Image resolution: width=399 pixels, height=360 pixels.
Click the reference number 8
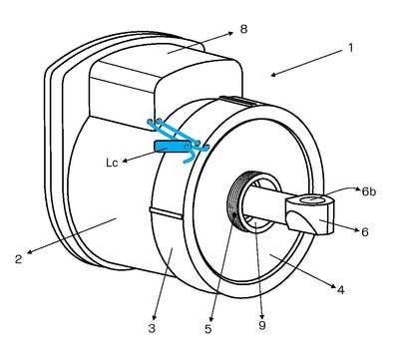coord(243,29)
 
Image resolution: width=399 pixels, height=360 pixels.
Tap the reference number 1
coord(350,48)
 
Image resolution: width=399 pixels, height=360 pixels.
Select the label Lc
coord(112,163)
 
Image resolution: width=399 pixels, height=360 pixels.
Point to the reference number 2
coord(18,259)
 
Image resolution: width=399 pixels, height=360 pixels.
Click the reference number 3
coord(152,328)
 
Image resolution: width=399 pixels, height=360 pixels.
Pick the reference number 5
coord(208,329)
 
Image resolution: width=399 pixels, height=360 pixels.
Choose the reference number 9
coord(262,325)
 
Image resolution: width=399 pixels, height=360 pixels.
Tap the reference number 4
coord(340,290)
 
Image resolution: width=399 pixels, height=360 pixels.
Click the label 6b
coord(369,191)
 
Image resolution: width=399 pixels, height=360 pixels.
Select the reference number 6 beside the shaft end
coord(365,231)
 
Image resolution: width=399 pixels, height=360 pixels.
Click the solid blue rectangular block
coord(172,146)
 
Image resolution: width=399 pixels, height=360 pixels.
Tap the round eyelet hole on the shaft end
coord(311,199)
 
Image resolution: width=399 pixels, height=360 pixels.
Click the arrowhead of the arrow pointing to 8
coord(229,33)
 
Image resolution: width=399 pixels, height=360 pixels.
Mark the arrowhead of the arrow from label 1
coord(274,75)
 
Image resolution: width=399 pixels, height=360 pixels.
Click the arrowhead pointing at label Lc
coord(126,161)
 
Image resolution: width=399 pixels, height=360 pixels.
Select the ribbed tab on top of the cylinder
coord(237,100)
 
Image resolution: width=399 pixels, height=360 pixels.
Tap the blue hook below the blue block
coord(190,158)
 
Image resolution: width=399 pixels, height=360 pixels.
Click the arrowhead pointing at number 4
coord(331,285)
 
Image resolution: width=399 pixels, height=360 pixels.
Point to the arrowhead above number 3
coord(155,317)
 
